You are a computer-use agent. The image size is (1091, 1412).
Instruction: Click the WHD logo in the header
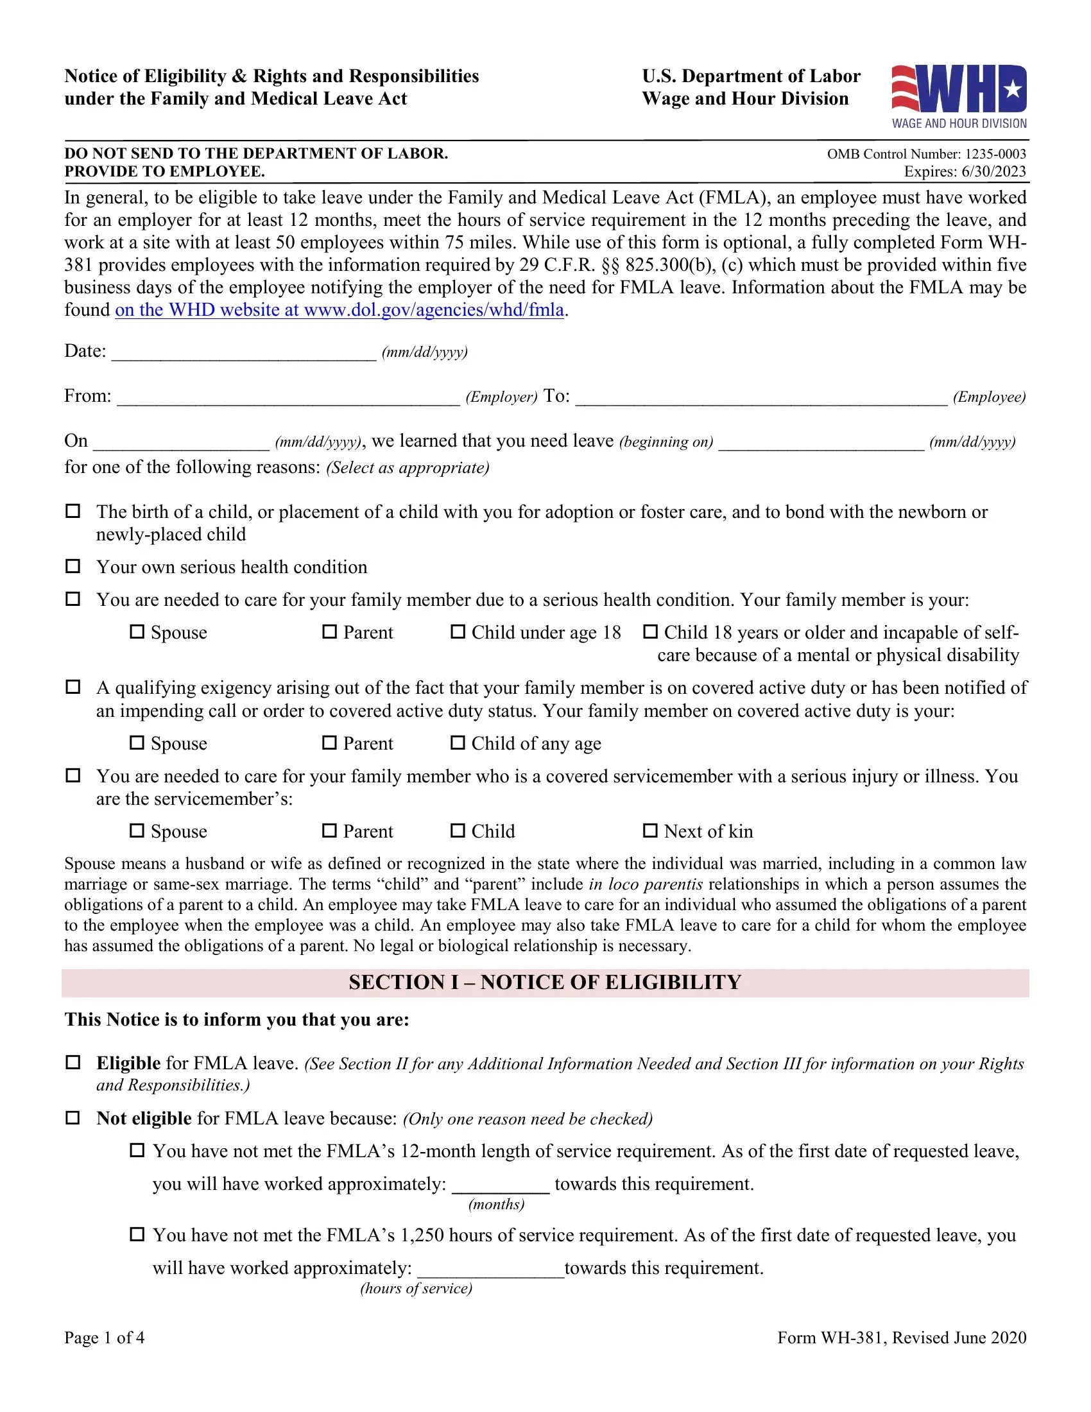tap(959, 96)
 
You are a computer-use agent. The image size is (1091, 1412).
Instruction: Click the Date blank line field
tap(244, 352)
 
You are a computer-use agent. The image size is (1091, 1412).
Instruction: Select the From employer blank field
tap(288, 397)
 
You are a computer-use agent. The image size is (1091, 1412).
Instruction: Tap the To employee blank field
tap(760, 397)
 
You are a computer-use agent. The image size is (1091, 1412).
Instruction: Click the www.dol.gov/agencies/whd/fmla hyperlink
tap(339, 311)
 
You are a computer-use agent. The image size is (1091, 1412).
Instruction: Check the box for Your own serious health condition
tap(73, 566)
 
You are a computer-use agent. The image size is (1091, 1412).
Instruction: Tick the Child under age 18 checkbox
tap(458, 632)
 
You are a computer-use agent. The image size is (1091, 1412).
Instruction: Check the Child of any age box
tap(458, 743)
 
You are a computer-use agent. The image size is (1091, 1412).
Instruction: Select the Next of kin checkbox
tap(650, 831)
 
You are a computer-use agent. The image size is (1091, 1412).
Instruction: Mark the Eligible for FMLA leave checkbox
tap(73, 1062)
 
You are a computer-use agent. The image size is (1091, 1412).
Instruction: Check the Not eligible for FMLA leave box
tap(73, 1118)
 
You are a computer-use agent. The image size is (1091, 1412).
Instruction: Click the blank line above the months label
tap(501, 1185)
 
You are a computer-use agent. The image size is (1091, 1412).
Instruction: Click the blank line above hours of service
tap(490, 1269)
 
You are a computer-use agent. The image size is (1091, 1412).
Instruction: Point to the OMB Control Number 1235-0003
tap(926, 154)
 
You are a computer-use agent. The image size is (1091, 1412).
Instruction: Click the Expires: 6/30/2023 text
tap(965, 172)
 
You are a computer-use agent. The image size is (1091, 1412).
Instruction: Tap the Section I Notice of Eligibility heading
tap(545, 983)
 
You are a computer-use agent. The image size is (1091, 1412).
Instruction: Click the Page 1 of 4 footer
tap(104, 1338)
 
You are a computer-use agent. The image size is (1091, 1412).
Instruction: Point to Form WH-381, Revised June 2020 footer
tap(901, 1338)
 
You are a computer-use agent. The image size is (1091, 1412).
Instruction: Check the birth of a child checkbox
tap(73, 512)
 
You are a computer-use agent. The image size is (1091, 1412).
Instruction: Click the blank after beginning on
tap(821, 442)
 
